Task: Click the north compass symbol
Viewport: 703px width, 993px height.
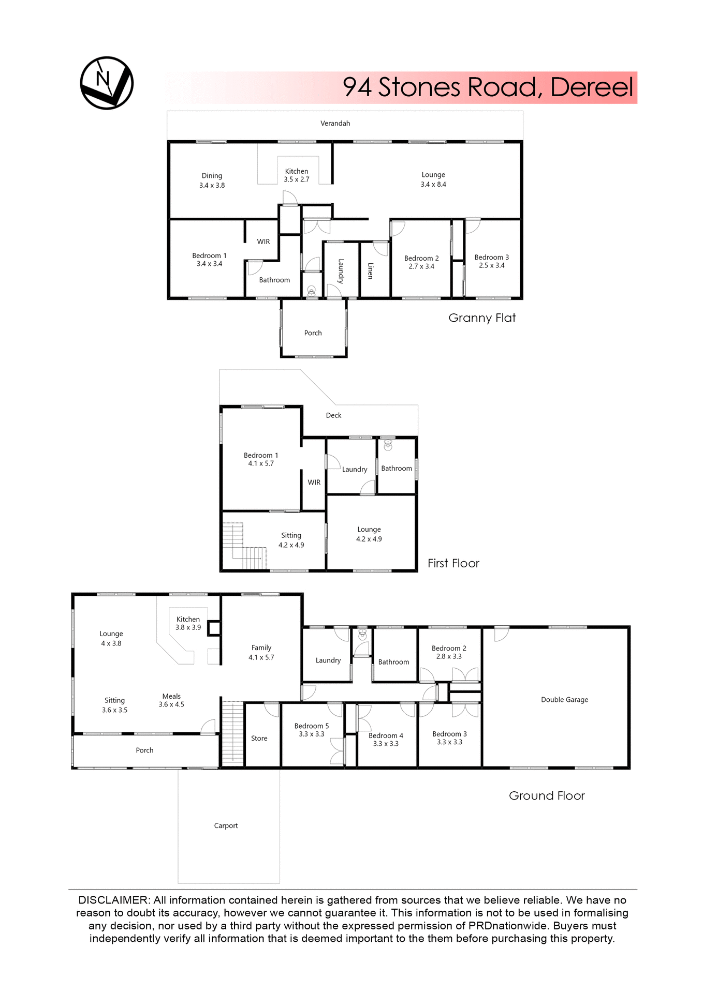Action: (x=107, y=83)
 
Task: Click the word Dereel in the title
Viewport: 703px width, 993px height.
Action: (x=591, y=87)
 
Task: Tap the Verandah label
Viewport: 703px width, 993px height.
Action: (x=335, y=124)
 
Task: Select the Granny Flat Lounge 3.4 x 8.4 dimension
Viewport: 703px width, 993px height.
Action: (x=433, y=185)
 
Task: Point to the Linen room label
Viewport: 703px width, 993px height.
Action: (x=370, y=270)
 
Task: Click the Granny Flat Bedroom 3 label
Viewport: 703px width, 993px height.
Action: (x=491, y=257)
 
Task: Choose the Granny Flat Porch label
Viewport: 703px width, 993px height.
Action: (x=313, y=333)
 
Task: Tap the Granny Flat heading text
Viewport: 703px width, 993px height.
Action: (x=481, y=318)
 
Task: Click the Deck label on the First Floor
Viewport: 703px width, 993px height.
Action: (x=333, y=415)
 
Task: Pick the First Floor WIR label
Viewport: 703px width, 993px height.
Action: (x=314, y=483)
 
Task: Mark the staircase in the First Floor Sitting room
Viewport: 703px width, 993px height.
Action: (x=243, y=547)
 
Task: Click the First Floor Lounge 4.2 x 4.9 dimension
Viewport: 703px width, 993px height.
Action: (x=369, y=539)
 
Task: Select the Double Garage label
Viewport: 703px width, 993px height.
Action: (x=564, y=700)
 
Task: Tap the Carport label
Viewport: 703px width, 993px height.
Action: (x=226, y=826)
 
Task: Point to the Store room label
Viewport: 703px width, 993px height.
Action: (x=259, y=739)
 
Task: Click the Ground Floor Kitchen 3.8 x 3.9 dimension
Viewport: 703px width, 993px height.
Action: (x=188, y=627)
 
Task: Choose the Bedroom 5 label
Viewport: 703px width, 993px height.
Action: (x=311, y=726)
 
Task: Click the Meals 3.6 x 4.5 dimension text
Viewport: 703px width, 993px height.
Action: (x=171, y=704)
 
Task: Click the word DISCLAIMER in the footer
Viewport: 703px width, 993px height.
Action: (x=113, y=900)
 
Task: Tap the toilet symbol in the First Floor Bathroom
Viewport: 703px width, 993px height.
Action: (x=388, y=445)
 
